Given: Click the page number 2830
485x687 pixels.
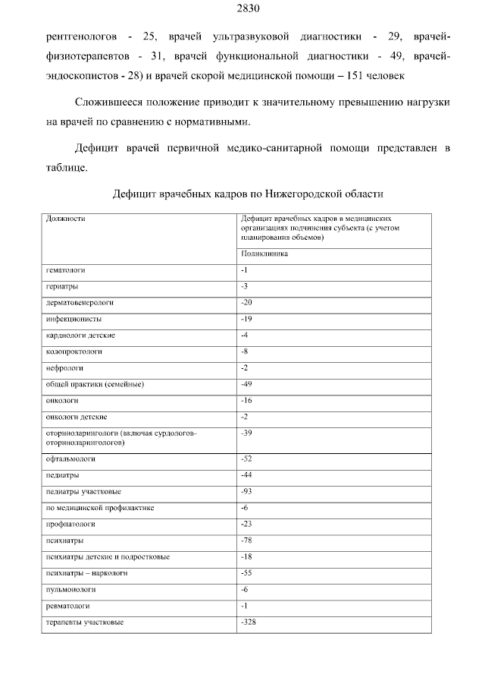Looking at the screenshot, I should (x=242, y=9).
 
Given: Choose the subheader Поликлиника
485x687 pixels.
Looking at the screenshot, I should (x=264, y=254).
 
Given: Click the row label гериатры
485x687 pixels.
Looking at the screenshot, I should (x=62, y=286).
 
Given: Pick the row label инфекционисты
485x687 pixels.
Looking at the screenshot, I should (x=74, y=319).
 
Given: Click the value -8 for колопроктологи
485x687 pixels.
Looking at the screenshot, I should (x=244, y=351).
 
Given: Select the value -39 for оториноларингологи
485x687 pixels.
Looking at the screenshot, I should (x=246, y=432).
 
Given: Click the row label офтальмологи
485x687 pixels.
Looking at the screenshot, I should (x=70, y=459).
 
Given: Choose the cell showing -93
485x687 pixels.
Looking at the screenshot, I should (x=246, y=491).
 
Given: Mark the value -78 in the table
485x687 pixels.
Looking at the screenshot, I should (x=246, y=540).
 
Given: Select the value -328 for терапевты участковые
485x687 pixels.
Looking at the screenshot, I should (x=248, y=622).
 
